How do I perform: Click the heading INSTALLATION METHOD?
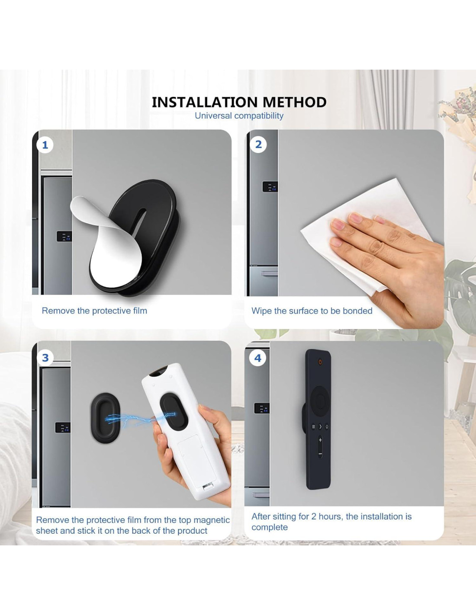pos(239,102)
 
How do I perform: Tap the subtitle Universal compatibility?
pos(239,116)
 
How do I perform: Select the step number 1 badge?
pos(45,145)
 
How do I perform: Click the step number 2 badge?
pos(258,144)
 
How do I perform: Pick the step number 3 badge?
pos(45,358)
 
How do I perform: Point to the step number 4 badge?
pos(257,358)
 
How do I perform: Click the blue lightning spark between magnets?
pos(140,418)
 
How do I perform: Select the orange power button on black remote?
pos(320,362)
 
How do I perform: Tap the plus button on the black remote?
pos(320,440)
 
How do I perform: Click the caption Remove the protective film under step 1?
pos(95,311)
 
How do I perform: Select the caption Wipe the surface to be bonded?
pos(312,311)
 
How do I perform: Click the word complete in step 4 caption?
pos(270,527)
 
